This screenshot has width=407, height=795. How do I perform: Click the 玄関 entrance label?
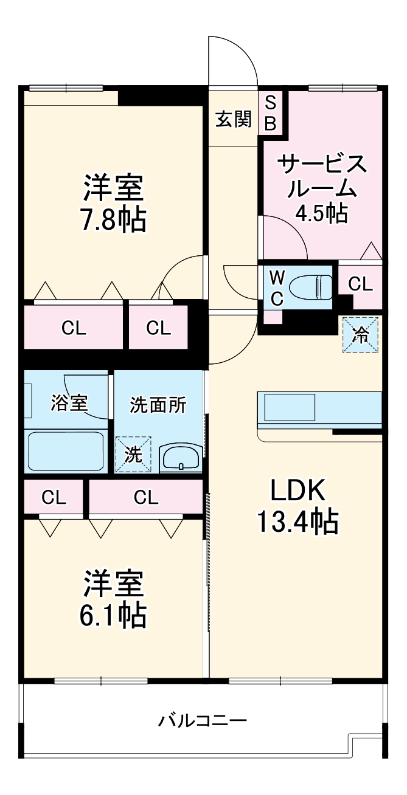(x=234, y=119)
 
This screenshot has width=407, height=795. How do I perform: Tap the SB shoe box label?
(x=270, y=112)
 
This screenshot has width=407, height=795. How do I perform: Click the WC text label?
(x=277, y=287)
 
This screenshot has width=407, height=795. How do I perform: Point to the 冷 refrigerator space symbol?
(x=360, y=334)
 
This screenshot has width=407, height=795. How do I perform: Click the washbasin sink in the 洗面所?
(x=181, y=458)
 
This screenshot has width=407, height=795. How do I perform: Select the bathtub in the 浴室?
(x=66, y=450)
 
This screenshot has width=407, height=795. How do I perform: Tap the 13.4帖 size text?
(x=297, y=520)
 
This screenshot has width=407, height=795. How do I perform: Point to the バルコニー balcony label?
(x=203, y=721)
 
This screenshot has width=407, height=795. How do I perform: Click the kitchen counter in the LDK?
(x=319, y=408)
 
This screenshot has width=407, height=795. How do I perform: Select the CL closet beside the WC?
(x=360, y=284)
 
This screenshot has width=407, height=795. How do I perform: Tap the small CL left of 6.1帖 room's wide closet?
(x=54, y=497)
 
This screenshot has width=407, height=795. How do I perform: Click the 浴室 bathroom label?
(x=69, y=403)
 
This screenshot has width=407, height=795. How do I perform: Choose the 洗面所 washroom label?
(x=158, y=405)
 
